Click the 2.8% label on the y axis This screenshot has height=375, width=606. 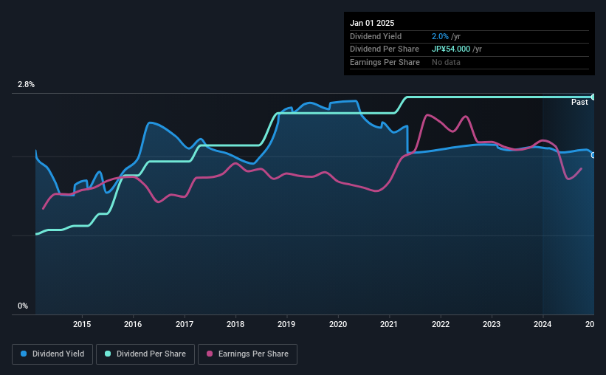[x=27, y=85]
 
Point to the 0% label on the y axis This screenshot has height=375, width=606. [x=23, y=306]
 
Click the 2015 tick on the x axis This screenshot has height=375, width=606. [x=82, y=324]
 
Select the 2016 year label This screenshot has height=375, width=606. [x=133, y=324]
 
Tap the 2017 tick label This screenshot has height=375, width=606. [x=185, y=324]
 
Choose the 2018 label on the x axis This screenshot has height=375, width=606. [x=235, y=324]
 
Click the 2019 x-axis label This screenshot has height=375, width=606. [x=286, y=324]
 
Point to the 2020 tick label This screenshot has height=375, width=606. [x=338, y=324]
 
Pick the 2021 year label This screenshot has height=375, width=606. [x=389, y=324]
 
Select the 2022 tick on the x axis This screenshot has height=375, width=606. [x=441, y=324]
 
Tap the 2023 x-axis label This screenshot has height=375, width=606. [x=492, y=324]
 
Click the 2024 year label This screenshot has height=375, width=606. [x=543, y=324]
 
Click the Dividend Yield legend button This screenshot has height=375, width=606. [x=52, y=354]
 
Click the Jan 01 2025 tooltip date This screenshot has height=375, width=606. [x=373, y=23]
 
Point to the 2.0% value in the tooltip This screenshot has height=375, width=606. [x=440, y=36]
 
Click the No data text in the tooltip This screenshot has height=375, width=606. [x=447, y=63]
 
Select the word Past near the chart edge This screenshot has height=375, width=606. [x=579, y=102]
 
